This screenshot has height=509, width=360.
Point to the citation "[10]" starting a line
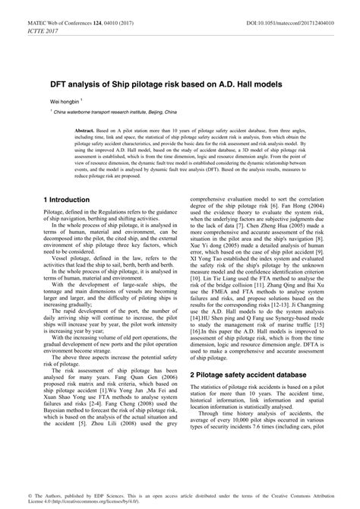(x=197, y=302)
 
